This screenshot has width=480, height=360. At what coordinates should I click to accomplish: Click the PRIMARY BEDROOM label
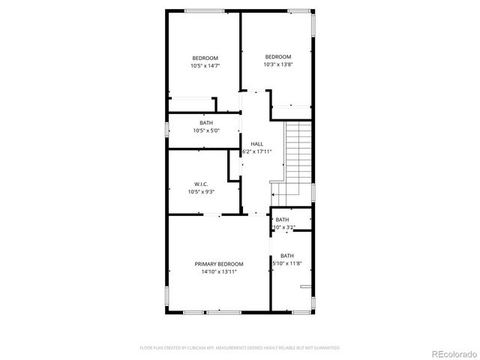219,264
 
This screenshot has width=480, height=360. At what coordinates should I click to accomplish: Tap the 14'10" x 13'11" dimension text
219,272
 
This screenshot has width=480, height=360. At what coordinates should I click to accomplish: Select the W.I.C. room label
201,184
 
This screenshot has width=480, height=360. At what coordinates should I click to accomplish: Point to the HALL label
256,143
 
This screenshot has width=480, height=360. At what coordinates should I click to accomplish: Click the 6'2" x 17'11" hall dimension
256,151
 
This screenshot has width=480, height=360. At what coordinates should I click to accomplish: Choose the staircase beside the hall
298,154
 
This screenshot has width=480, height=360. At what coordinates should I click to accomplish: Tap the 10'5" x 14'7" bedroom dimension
205,66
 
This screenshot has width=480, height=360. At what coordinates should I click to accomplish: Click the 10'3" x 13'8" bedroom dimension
277,64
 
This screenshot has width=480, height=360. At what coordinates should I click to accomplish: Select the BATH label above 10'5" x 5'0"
205,123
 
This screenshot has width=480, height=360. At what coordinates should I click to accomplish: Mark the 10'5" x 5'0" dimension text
205,131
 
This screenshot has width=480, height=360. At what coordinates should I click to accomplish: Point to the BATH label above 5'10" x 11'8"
287,256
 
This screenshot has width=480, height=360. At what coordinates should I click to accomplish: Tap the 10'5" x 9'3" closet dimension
201,192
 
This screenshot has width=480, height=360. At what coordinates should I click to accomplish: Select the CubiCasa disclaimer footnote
240,348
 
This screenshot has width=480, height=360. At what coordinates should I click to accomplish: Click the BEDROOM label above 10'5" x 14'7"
205,58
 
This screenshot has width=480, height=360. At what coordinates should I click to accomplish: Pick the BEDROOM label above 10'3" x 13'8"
277,57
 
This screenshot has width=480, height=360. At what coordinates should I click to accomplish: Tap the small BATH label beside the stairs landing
282,219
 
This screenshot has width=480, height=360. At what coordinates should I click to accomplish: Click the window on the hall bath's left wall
167,128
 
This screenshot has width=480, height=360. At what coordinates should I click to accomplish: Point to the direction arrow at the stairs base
274,194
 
